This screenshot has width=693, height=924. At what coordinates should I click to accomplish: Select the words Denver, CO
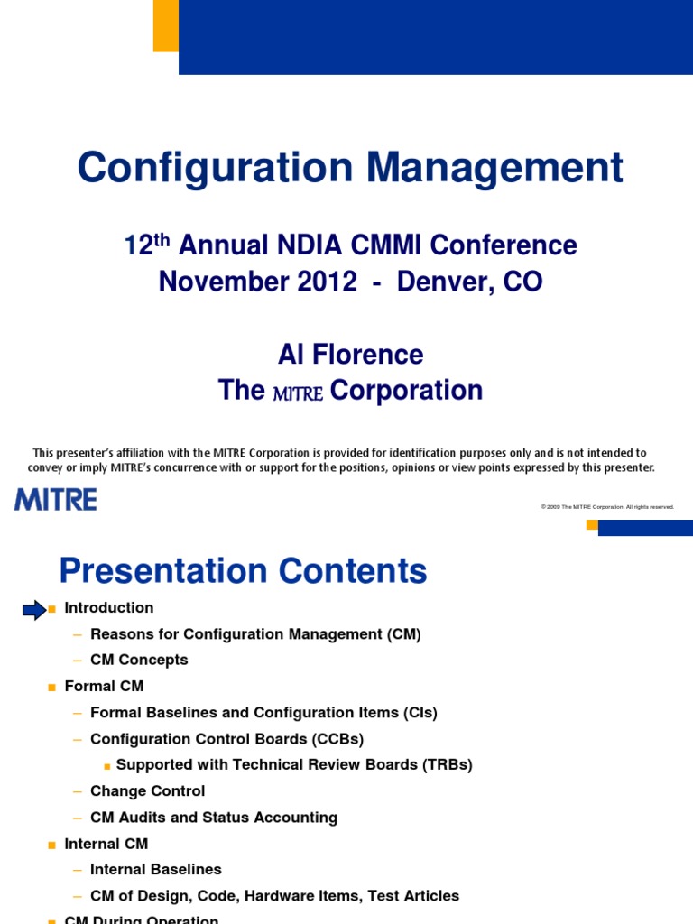tap(471, 282)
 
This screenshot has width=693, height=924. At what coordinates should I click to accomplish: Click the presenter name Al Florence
tap(350, 355)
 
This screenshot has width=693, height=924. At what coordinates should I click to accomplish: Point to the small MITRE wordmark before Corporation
tap(298, 393)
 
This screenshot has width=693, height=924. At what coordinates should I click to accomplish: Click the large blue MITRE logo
tap(56, 499)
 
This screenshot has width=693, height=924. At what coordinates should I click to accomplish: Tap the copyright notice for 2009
tap(607, 507)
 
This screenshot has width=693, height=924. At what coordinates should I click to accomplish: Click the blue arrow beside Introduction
tap(34, 611)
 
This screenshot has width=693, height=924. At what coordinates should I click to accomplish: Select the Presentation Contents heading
tap(243, 571)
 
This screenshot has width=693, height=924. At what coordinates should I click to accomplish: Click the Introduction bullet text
tap(109, 608)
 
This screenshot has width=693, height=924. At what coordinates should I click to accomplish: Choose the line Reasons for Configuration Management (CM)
tap(255, 634)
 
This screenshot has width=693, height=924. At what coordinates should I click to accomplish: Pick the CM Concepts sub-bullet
tap(139, 661)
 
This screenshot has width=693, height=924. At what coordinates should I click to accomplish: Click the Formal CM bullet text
tap(104, 687)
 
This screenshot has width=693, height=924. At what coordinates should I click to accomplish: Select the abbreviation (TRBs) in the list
tap(441, 765)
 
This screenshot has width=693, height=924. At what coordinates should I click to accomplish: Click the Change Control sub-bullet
tap(147, 791)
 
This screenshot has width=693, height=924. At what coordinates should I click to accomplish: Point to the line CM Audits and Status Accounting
tap(214, 818)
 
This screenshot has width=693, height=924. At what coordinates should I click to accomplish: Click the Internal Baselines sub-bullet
tap(155, 870)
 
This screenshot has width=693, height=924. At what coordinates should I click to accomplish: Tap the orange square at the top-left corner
tap(165, 25)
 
